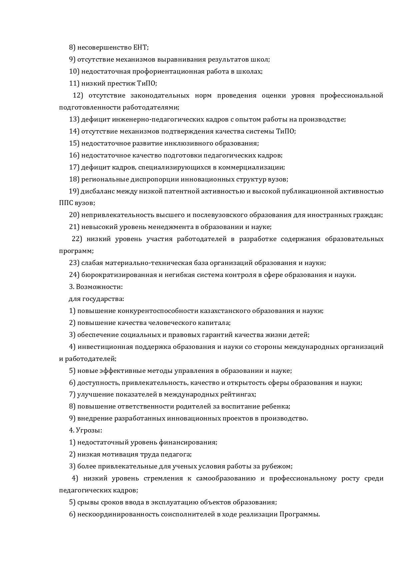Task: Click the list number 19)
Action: [x=74, y=191]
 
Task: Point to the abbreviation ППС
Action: [x=66, y=203]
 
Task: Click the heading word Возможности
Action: [x=99, y=287]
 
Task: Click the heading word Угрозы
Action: [x=88, y=431]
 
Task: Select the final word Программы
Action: [x=299, y=514]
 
